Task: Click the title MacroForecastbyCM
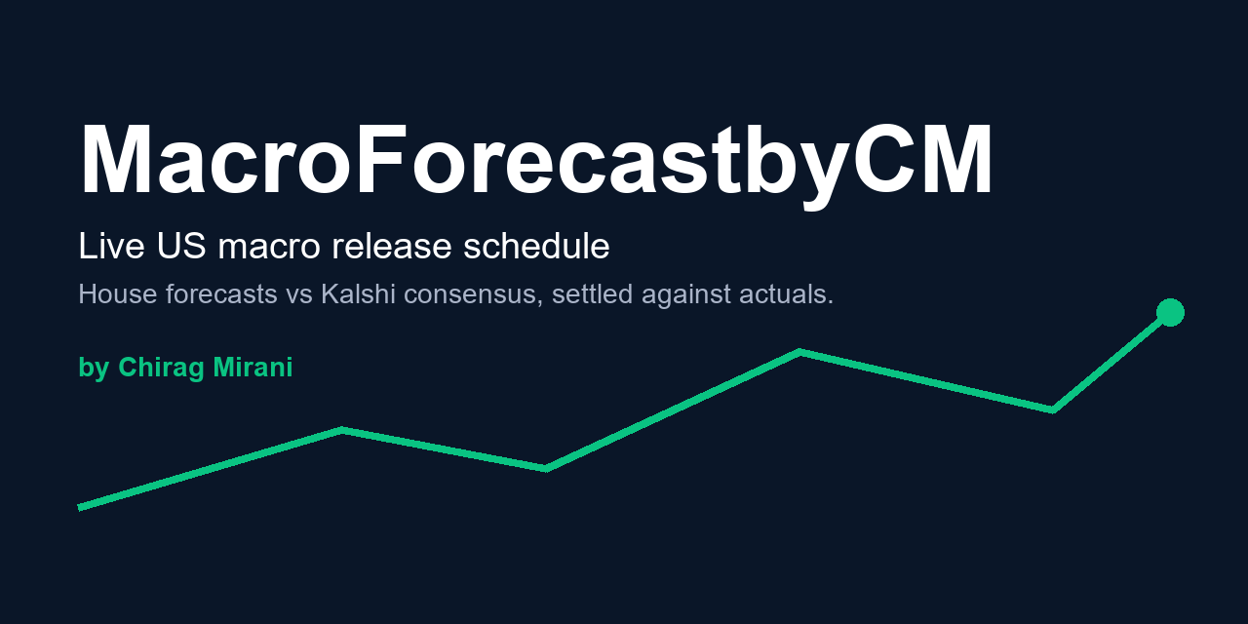pyautogui.click(x=536, y=163)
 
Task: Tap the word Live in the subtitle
pyautogui.click(x=111, y=246)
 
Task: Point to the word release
pyautogui.click(x=391, y=246)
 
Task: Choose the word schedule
pyautogui.click(x=536, y=246)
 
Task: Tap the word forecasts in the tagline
pyautogui.click(x=221, y=293)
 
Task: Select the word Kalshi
pyautogui.click(x=358, y=293)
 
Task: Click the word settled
pyautogui.click(x=592, y=293)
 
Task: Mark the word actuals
pyautogui.click(x=786, y=293)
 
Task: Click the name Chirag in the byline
pyautogui.click(x=161, y=369)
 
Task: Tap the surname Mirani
pyautogui.click(x=253, y=368)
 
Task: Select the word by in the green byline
pyautogui.click(x=94, y=369)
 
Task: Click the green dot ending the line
pyautogui.click(x=1170, y=312)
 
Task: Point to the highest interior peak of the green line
pyautogui.click(x=800, y=352)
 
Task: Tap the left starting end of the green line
pyautogui.click(x=80, y=508)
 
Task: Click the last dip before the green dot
pyautogui.click(x=1052, y=410)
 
